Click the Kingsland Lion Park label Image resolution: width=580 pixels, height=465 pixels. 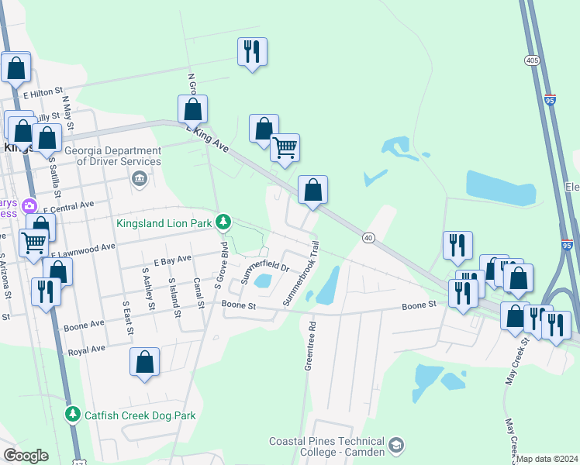tap(164, 223)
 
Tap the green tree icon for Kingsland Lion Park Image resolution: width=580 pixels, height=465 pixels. tap(223, 223)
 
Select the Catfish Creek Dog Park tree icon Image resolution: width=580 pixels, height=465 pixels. tap(72, 415)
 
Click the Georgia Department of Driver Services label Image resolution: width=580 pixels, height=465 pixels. tap(119, 156)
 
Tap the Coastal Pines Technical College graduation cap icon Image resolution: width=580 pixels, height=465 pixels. tap(396, 445)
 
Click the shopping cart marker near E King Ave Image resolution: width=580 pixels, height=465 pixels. tap(285, 146)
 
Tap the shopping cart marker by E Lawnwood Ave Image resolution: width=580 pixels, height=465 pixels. tap(33, 243)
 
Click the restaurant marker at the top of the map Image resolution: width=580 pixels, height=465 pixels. tap(252, 51)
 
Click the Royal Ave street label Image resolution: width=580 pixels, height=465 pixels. tap(86, 350)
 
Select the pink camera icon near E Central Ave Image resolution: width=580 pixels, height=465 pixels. tap(29, 206)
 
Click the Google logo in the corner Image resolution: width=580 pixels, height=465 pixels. tap(26, 456)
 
